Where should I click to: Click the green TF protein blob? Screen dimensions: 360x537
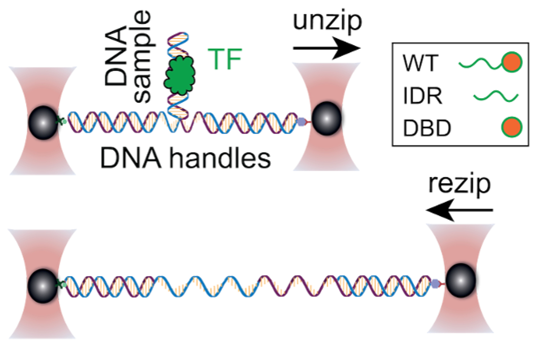click(x=180, y=75)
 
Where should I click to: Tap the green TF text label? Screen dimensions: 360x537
click(x=225, y=59)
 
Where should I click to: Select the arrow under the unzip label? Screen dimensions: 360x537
click(x=327, y=48)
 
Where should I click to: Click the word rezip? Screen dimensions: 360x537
click(x=459, y=184)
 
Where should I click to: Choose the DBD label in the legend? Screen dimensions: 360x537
click(x=427, y=128)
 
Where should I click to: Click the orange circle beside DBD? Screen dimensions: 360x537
click(x=511, y=127)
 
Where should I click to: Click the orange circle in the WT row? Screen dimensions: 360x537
click(x=512, y=62)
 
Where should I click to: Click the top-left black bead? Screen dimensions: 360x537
click(x=43, y=123)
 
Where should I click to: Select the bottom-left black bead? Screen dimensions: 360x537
click(x=43, y=286)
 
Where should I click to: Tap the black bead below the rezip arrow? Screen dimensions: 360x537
click(x=461, y=280)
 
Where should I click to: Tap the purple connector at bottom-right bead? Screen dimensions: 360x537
click(x=436, y=283)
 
